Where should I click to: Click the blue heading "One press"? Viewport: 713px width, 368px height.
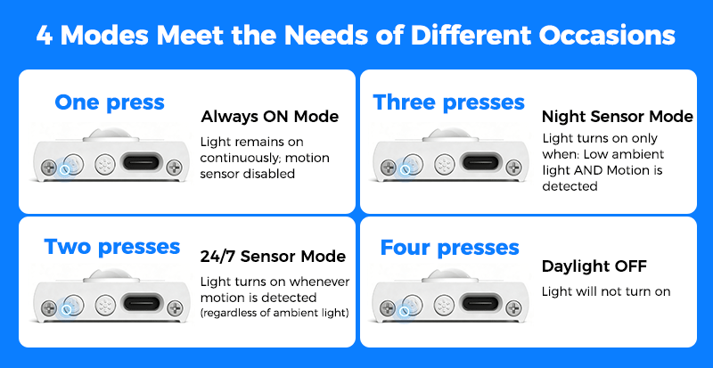click(x=109, y=103)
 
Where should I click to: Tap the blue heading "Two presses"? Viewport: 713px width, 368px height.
click(x=112, y=248)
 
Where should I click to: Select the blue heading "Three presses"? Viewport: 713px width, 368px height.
click(x=448, y=103)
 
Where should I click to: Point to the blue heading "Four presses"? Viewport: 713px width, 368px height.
click(x=449, y=249)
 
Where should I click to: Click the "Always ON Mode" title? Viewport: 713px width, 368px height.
click(x=270, y=117)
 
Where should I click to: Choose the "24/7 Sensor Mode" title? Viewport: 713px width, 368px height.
click(x=273, y=257)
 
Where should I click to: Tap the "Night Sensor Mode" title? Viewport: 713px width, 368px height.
click(x=618, y=117)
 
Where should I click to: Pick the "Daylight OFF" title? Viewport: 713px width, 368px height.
click(x=594, y=266)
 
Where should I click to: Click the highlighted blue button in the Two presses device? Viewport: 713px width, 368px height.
click(x=66, y=310)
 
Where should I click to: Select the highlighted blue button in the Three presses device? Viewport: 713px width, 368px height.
click(x=404, y=169)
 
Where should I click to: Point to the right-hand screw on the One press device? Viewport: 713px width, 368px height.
click(x=175, y=168)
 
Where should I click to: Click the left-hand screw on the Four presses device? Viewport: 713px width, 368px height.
click(x=388, y=308)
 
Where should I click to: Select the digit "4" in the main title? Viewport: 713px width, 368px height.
click(x=44, y=36)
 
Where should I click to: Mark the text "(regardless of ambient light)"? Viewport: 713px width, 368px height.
click(x=275, y=314)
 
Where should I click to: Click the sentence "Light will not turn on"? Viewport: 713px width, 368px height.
click(x=606, y=291)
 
